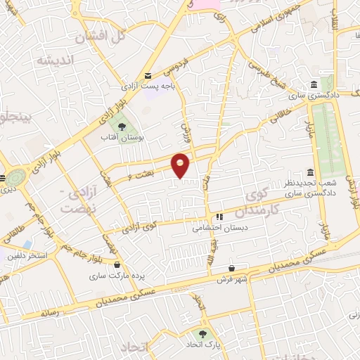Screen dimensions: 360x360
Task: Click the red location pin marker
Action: pos(181,165)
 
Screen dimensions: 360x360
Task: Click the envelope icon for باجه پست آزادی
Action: pos(148,76)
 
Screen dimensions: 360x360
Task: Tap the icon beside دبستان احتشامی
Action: pos(219,217)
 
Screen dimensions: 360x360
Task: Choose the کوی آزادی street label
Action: pos(140,227)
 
